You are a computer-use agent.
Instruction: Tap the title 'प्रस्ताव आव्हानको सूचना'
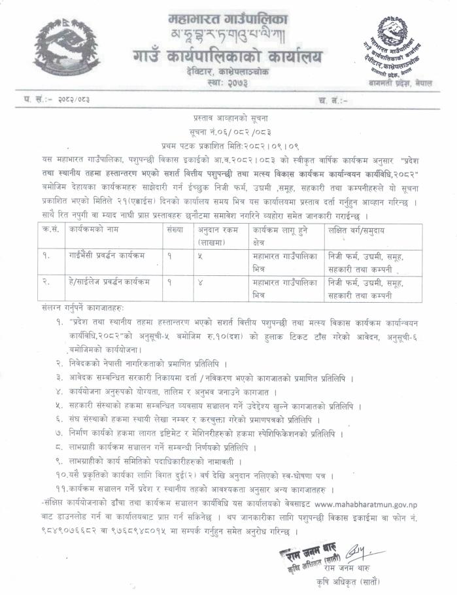(x=228, y=118)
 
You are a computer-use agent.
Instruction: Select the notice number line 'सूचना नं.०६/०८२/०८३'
(x=228, y=131)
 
